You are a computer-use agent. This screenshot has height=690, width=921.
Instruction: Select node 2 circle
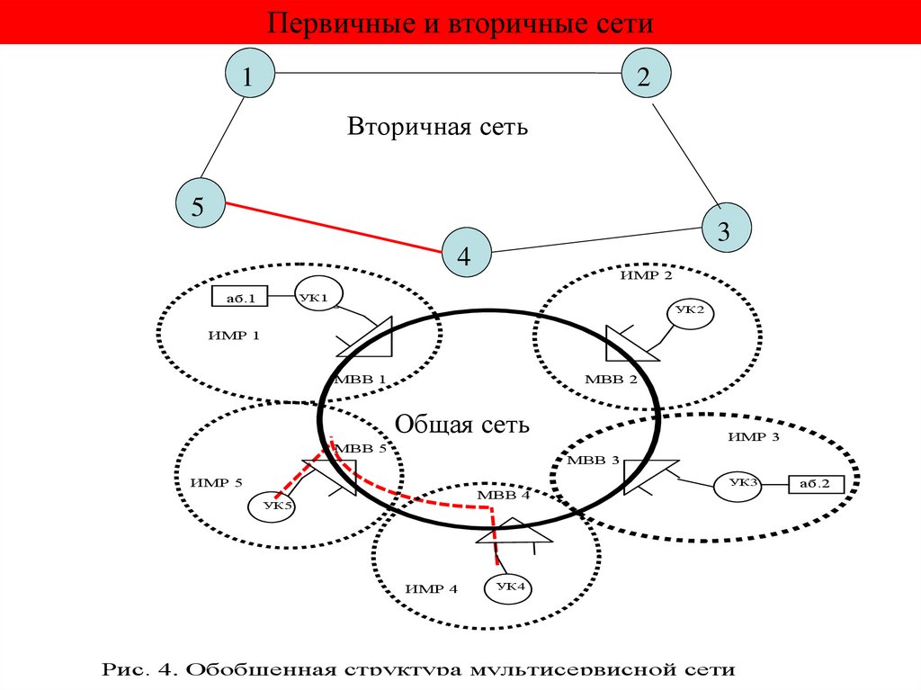pos(644,76)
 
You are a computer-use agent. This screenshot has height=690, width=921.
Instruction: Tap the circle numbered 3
pos(723,231)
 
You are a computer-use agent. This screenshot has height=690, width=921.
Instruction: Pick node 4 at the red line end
pos(465,255)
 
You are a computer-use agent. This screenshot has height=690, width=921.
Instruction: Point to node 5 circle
pos(198,204)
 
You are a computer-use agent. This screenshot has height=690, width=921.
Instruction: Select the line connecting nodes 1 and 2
pos(445,73)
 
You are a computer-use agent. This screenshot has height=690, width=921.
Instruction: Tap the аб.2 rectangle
pos(815,484)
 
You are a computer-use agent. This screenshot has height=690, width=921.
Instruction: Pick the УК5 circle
pos(272,506)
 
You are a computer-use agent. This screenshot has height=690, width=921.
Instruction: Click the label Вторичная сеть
pos(438,127)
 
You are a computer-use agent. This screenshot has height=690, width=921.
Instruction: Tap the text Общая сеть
pos(463,423)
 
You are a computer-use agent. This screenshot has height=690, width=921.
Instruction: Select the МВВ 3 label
pos(593,461)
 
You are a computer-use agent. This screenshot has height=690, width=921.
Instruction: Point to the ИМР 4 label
pos(431,589)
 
